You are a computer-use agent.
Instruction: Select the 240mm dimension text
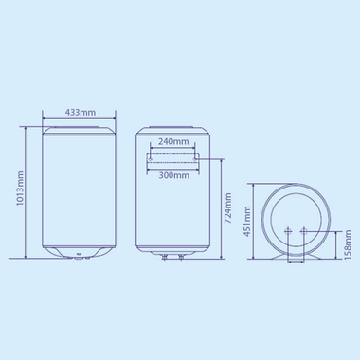(x=172, y=141)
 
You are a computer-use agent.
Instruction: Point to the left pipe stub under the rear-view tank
(x=162, y=258)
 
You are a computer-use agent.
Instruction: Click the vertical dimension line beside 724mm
(x=221, y=205)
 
